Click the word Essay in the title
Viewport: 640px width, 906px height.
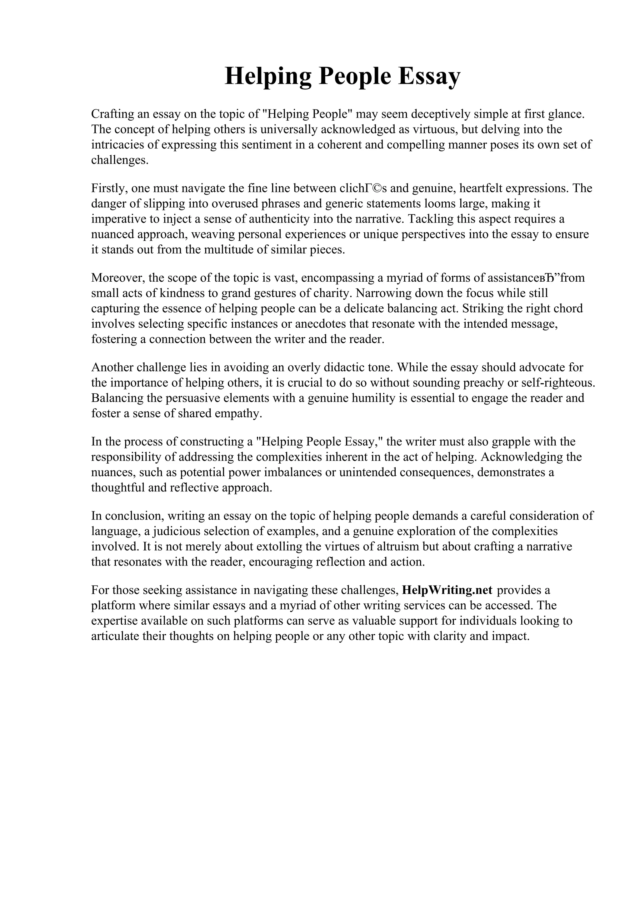tap(429, 76)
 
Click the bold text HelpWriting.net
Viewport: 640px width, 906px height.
tap(447, 590)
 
